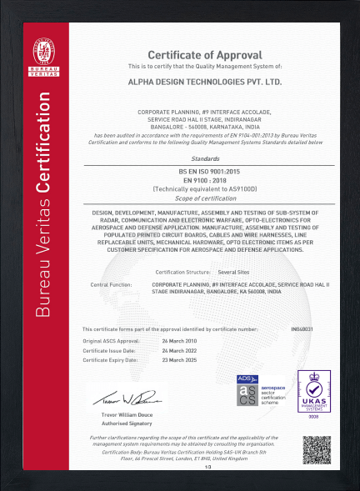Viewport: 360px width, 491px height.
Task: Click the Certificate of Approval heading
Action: pos(205,54)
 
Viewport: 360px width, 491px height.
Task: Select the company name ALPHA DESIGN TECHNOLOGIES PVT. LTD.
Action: pos(205,83)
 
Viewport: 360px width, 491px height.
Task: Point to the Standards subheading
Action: pos(205,158)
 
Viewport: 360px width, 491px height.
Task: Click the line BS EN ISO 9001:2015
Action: pos(205,170)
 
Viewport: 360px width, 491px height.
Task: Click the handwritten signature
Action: pos(124,394)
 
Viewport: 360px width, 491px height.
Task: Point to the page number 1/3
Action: pos(207,468)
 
